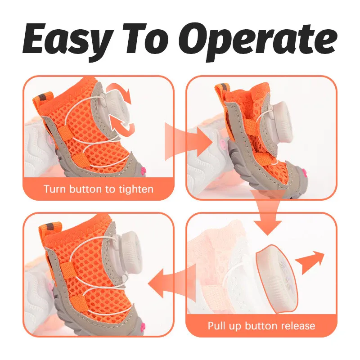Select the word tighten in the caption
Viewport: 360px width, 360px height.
pos(136,189)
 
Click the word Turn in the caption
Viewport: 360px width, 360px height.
pos(54,189)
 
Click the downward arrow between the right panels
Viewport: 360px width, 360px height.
pos(267,212)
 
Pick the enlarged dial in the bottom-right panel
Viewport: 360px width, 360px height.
pos(277,279)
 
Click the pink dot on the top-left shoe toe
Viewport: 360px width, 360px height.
pos(144,170)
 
